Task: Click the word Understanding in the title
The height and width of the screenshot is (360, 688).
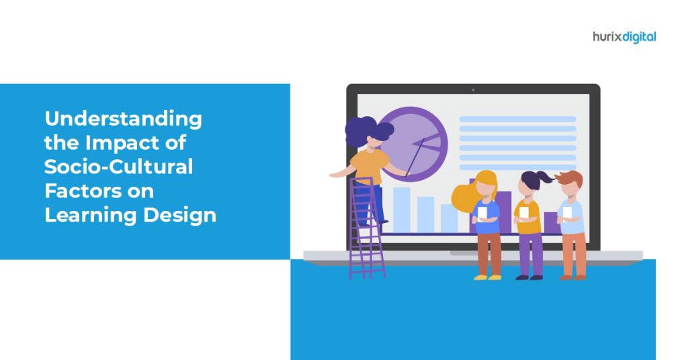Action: tap(123, 120)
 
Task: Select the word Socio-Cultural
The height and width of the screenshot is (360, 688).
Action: tap(119, 167)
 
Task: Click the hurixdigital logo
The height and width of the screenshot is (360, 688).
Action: tap(624, 36)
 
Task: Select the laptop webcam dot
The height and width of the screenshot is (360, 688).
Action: tap(472, 89)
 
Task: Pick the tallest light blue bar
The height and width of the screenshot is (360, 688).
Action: tap(401, 209)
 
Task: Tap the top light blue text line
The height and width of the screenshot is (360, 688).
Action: tap(517, 120)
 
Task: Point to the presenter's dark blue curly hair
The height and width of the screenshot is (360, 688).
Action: tap(366, 131)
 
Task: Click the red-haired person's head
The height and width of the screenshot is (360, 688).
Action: tap(570, 185)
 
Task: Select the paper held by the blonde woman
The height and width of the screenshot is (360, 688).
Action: tap(482, 212)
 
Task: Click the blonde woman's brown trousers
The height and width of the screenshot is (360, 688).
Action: tap(488, 253)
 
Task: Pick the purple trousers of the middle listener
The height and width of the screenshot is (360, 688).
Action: tap(530, 253)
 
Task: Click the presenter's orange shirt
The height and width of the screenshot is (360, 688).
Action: tap(369, 165)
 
